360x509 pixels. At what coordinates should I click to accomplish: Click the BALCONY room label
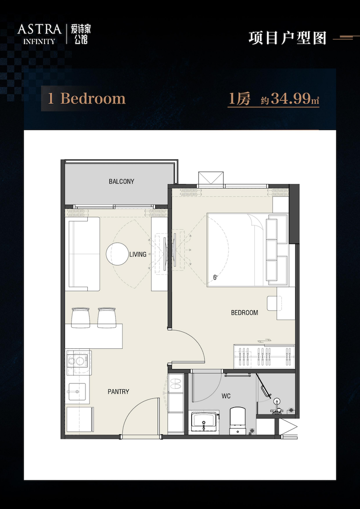tap(121, 181)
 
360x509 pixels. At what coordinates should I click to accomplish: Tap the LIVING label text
tap(138, 255)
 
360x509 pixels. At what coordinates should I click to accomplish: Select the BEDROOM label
tap(244, 313)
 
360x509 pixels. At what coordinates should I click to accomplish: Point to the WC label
tap(226, 396)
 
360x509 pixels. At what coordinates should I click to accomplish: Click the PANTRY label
tap(118, 392)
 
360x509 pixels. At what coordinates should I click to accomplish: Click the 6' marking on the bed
tap(215, 278)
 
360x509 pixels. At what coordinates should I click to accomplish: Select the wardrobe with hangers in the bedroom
tap(264, 356)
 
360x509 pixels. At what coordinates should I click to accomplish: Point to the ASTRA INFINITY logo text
tap(39, 34)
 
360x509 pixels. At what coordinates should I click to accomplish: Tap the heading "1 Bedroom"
tap(87, 99)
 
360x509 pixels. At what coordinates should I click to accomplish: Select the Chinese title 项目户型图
tap(287, 38)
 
